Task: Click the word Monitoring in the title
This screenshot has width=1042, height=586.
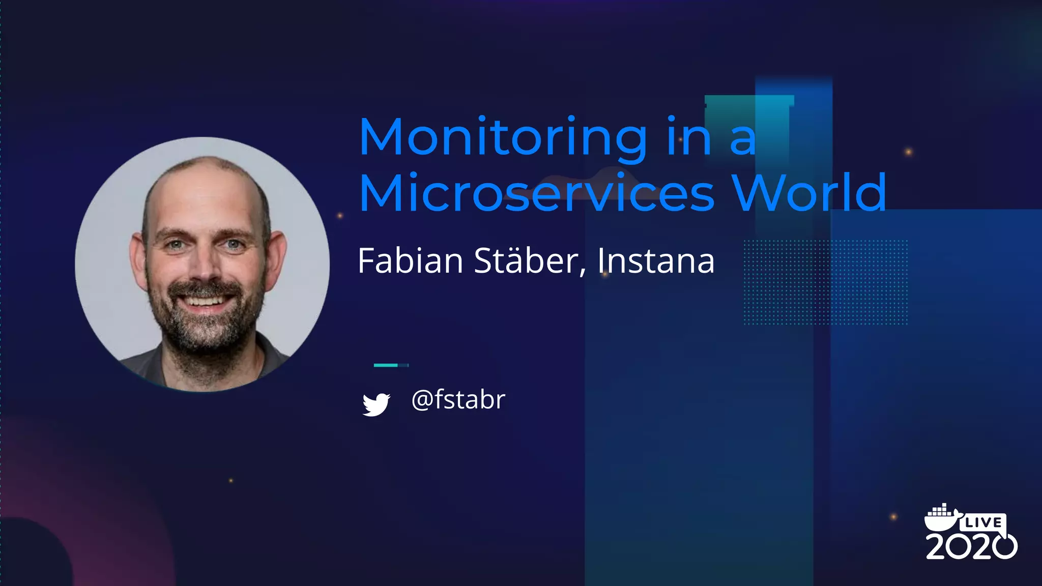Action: click(503, 137)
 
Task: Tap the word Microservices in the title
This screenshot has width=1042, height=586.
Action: click(537, 193)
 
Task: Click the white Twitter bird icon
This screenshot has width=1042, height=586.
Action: click(376, 404)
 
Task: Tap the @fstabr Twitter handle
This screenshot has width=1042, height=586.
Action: click(458, 400)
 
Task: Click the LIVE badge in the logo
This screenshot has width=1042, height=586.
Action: click(983, 522)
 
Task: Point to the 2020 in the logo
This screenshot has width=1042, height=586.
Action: click(971, 546)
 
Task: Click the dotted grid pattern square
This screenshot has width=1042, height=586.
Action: click(825, 282)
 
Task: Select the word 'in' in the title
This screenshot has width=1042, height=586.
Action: click(689, 137)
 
